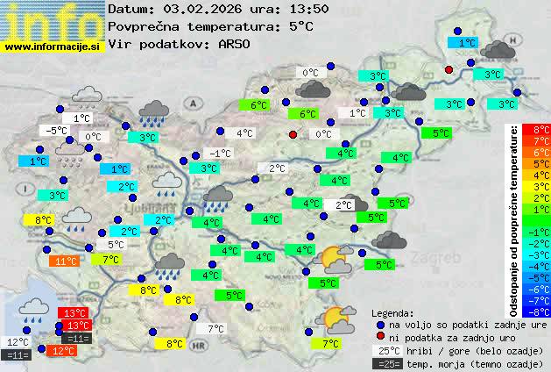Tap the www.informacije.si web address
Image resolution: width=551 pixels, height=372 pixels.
53,46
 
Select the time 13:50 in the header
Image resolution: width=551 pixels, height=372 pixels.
309,9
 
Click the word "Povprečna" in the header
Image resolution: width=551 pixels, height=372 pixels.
142,26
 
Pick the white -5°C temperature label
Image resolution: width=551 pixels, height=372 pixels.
57,131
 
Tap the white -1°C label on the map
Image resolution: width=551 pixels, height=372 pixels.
220,153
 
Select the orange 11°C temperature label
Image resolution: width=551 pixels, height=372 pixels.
64,261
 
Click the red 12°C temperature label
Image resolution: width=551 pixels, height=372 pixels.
62,350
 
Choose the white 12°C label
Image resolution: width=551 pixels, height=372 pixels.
18,342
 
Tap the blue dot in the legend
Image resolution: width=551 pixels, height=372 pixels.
379,324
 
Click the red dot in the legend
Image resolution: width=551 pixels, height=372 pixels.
379,337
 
